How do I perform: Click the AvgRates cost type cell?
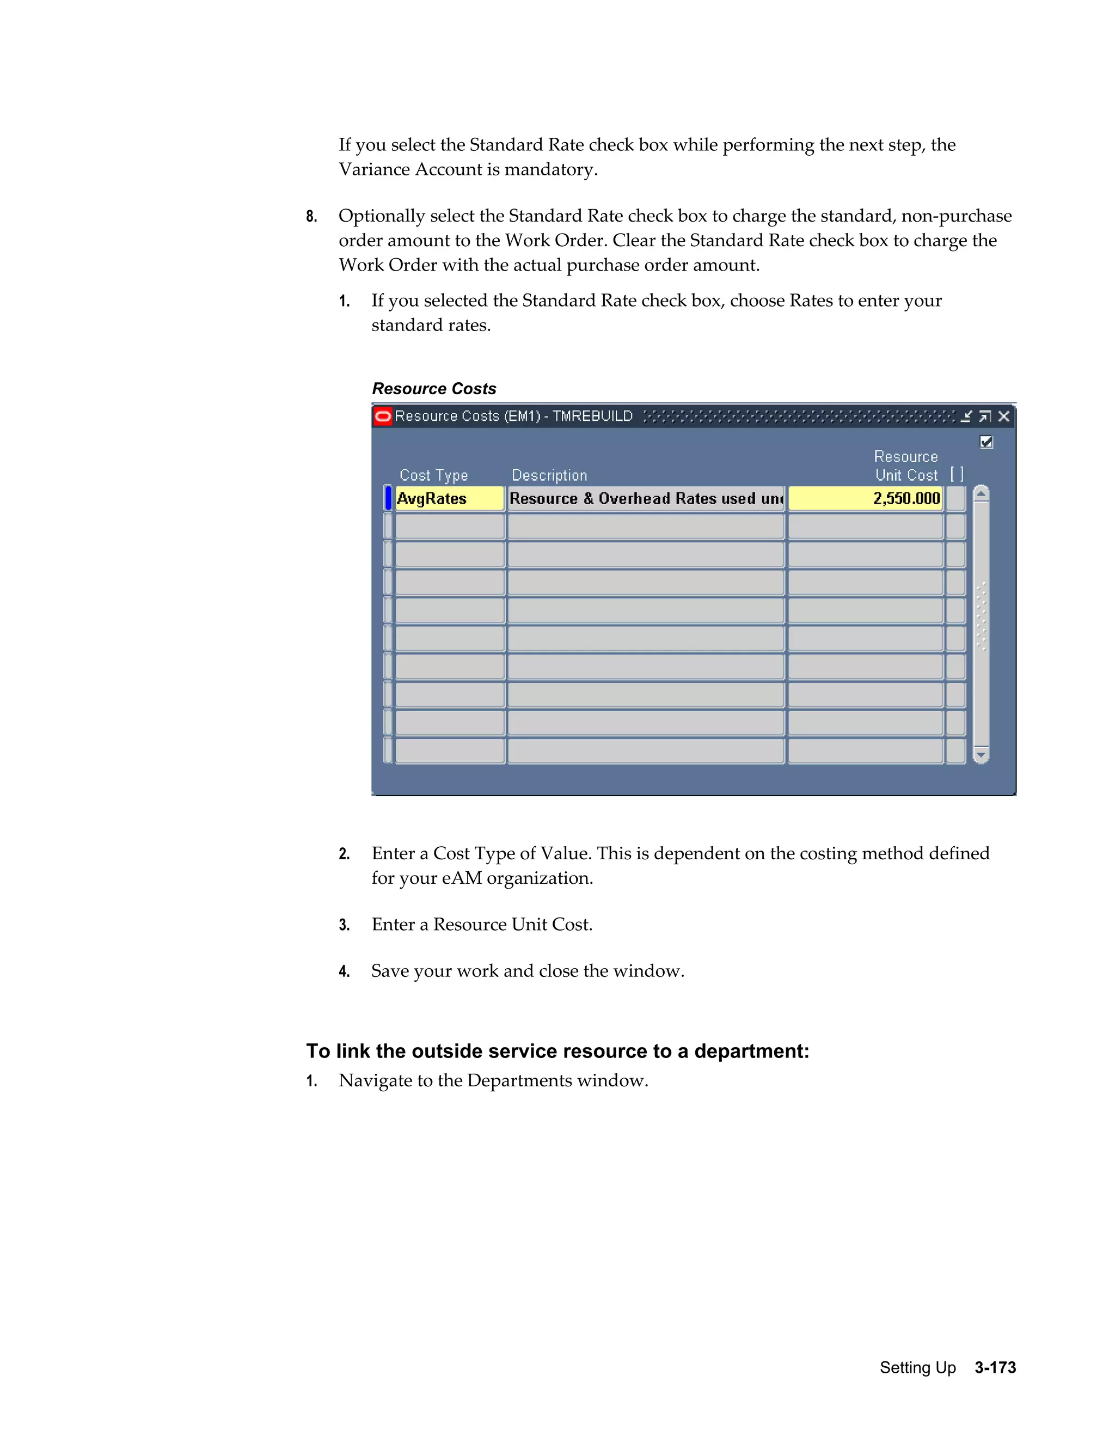pyautogui.click(x=449, y=499)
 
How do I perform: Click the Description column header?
pyautogui.click(x=549, y=476)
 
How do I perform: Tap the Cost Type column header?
pyautogui.click(x=433, y=476)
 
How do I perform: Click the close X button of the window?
pyautogui.click(x=1004, y=416)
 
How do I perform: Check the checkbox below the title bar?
pyautogui.click(x=986, y=442)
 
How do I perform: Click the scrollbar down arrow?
pyautogui.click(x=981, y=755)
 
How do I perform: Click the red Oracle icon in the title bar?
pyautogui.click(x=382, y=416)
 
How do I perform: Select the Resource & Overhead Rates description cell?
pyautogui.click(x=645, y=499)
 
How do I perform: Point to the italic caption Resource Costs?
pyautogui.click(x=434, y=388)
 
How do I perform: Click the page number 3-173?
pyautogui.click(x=995, y=1367)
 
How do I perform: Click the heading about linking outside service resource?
pyautogui.click(x=557, y=1050)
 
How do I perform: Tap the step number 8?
pyautogui.click(x=311, y=217)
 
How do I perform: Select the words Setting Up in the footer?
pyautogui.click(x=917, y=1367)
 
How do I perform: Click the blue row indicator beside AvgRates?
pyautogui.click(x=388, y=499)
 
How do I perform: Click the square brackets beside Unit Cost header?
pyautogui.click(x=957, y=474)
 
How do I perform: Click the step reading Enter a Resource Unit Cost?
pyautogui.click(x=481, y=925)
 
